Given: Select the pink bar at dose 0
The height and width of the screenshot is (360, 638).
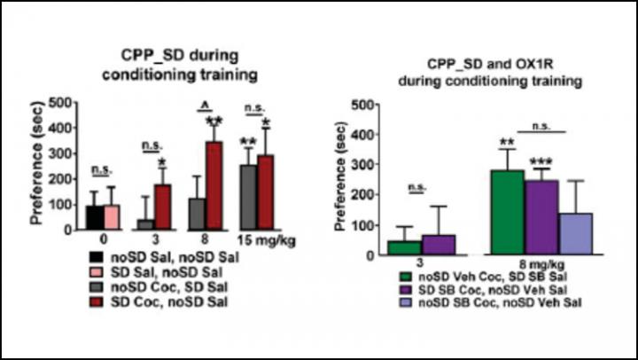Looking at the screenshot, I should point(112,217).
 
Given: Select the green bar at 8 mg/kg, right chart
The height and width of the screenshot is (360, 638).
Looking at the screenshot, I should point(506,213).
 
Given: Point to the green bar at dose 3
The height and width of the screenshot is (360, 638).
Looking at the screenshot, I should point(403,247).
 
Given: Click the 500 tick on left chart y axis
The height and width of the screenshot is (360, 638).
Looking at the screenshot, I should point(63,102).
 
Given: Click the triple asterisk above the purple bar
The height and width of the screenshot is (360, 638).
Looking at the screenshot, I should point(542,160).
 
